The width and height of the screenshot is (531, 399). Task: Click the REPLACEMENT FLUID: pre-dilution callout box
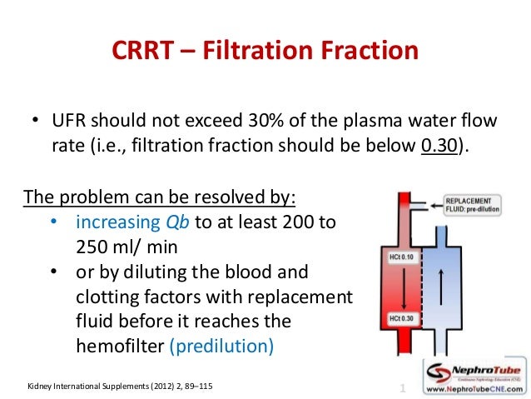click(x=473, y=206)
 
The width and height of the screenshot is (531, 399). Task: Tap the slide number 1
click(x=403, y=388)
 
